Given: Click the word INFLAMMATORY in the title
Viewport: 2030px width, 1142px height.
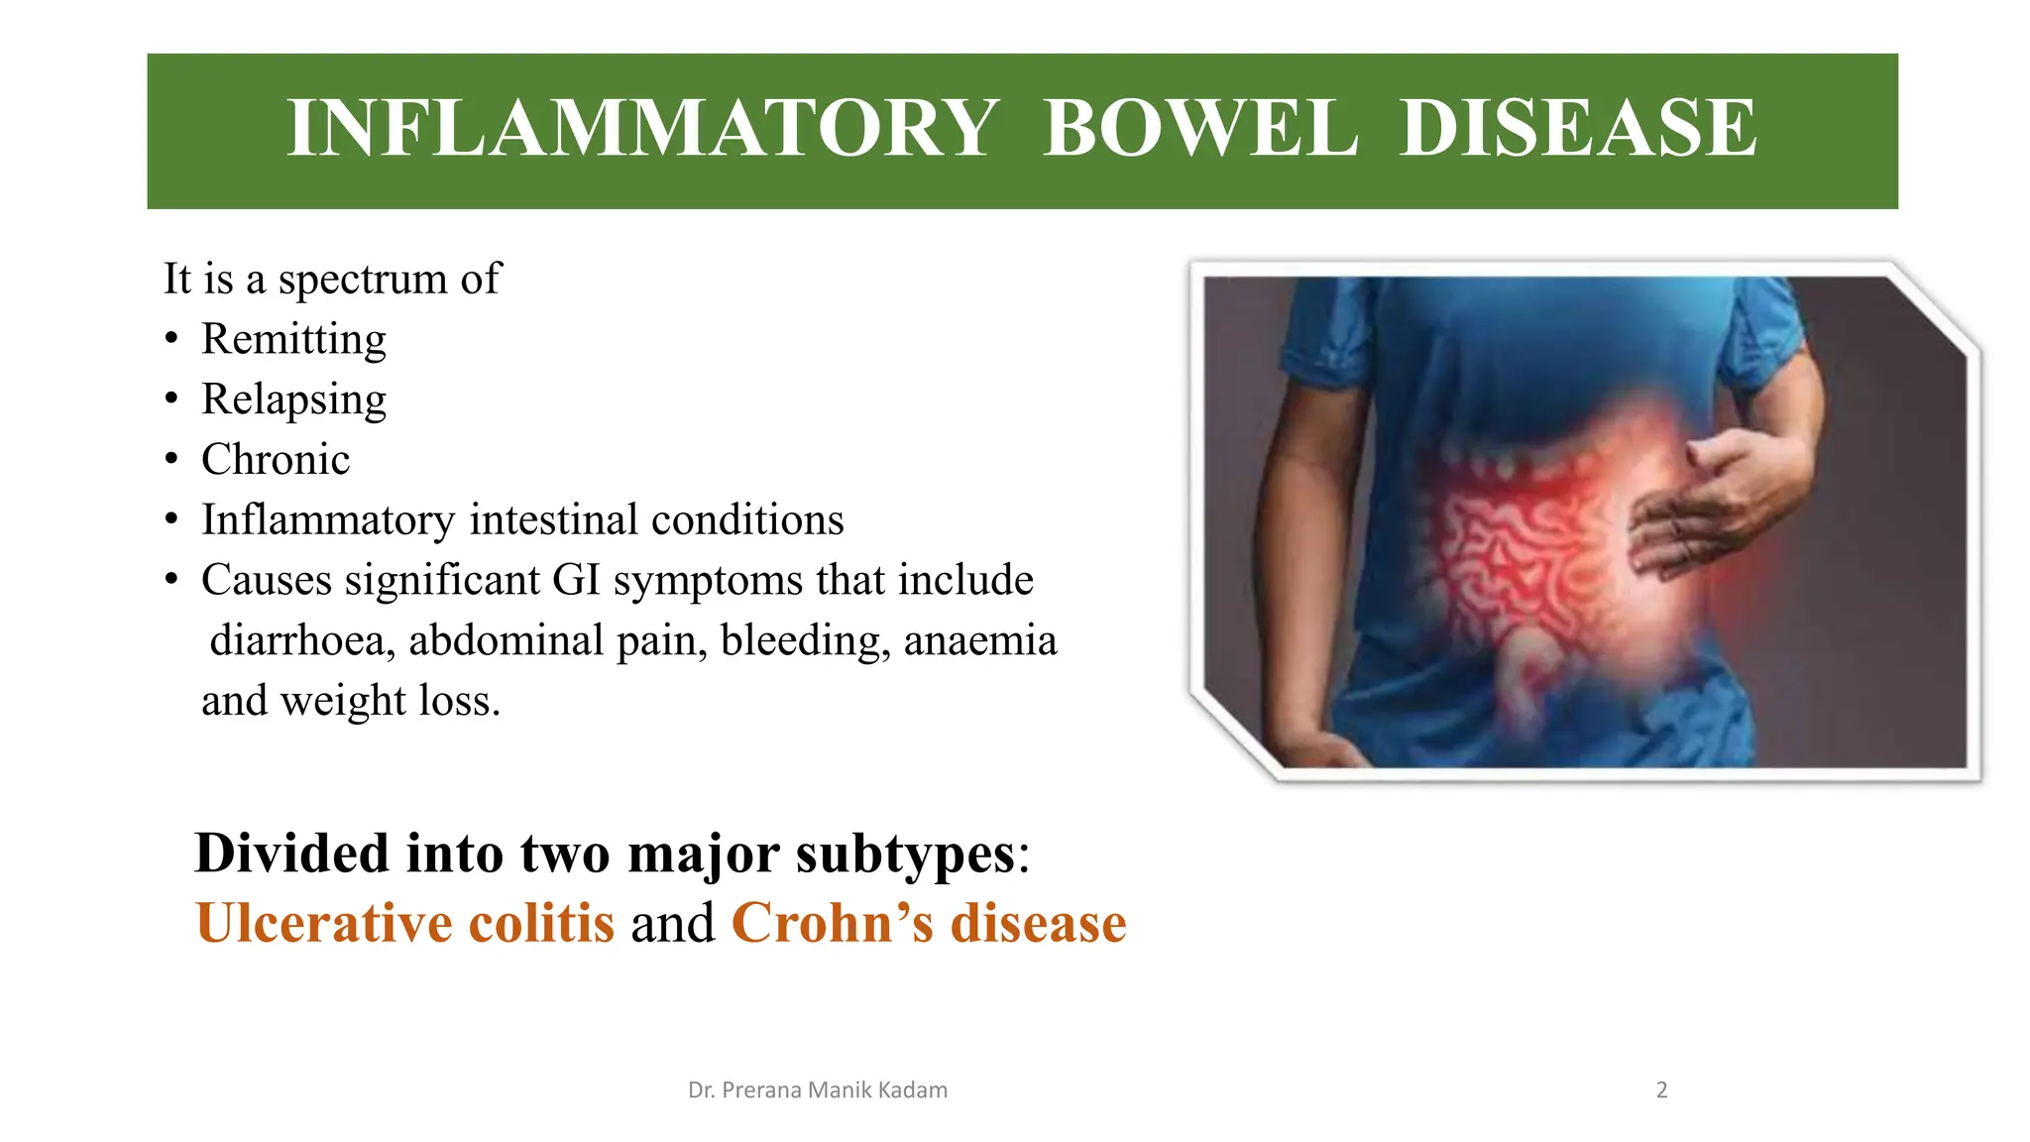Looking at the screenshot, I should pos(642,129).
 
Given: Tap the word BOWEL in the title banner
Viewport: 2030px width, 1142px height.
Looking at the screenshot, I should pos(1200,129).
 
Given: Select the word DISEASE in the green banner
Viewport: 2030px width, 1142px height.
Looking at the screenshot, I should pos(1578,129).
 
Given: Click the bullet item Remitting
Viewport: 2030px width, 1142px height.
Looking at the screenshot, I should pos(293,339).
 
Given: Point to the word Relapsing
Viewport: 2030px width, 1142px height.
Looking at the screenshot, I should pos(293,400).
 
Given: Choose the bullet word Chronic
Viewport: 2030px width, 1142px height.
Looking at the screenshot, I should pos(276,460).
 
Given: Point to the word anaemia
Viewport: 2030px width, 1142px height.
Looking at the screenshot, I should pos(979,640).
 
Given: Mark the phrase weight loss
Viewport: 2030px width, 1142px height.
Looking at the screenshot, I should pos(391,701).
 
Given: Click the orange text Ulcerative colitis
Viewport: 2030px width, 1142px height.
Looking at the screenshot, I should pos(405,923).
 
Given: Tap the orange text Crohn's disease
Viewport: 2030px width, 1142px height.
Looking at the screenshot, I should pos(929,923).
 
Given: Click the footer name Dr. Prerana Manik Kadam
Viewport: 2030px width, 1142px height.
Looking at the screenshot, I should pos(818,1090).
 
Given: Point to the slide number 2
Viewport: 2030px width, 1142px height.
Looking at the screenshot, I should pos(1662,1090).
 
